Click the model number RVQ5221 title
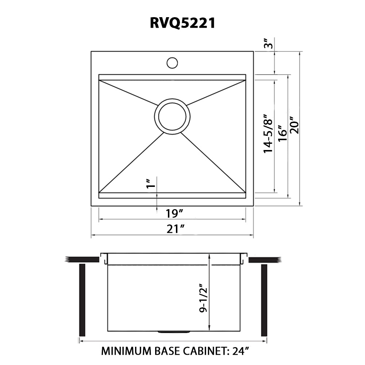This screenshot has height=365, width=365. [182, 23]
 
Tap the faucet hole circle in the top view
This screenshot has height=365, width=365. [172, 62]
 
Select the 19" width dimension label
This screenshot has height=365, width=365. [171, 213]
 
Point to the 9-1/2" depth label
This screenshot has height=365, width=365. [203, 299]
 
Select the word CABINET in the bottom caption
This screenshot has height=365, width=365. [203, 351]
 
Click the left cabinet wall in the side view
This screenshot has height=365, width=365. [82, 300]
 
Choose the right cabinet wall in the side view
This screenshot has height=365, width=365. [264, 300]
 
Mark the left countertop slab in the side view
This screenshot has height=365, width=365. [82, 260]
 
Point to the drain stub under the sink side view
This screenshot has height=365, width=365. [174, 332]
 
